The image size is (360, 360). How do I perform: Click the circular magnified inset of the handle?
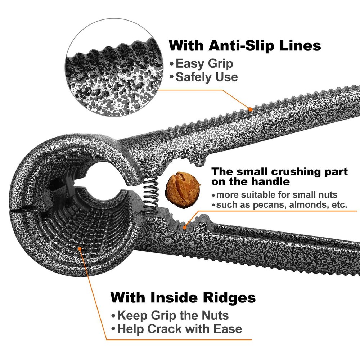[114, 67]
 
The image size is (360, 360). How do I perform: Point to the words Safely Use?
[207, 77]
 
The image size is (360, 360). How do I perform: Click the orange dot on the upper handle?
[250, 109]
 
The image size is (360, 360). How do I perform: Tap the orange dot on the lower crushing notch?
[184, 227]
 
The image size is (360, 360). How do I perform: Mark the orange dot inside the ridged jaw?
[80, 248]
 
